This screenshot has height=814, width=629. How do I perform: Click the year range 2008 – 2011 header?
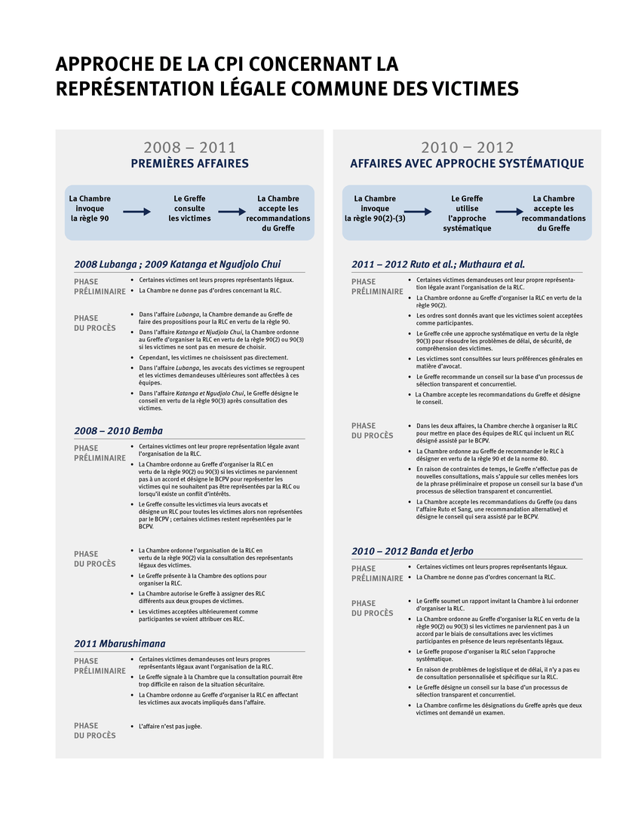[189, 148]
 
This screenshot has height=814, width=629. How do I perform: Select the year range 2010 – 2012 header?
[467, 148]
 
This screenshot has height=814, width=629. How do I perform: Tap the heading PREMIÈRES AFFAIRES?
[189, 164]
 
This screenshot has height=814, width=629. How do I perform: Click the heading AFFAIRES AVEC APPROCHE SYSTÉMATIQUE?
[467, 164]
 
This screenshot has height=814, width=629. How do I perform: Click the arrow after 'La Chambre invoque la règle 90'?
[137, 213]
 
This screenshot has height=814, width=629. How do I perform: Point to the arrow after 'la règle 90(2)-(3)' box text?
[417, 213]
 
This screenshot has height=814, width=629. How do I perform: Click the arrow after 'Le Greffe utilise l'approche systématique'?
[508, 213]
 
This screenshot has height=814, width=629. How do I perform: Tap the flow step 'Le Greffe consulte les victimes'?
[189, 209]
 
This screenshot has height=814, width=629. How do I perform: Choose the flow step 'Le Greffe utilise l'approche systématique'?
[467, 213]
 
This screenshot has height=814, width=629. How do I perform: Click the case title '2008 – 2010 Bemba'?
[118, 431]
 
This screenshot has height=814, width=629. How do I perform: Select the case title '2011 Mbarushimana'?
[120, 644]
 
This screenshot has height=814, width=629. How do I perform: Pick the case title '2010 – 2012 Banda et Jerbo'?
[413, 551]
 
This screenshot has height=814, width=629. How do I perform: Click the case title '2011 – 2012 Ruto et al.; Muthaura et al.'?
[438, 265]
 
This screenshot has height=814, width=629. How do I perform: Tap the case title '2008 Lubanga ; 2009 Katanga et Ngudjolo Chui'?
[177, 265]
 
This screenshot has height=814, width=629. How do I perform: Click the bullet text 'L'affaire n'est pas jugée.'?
[170, 727]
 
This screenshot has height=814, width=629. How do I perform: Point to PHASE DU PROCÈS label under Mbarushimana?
[95, 730]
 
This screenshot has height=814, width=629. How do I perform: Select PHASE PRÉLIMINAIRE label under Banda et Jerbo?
[377, 574]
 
